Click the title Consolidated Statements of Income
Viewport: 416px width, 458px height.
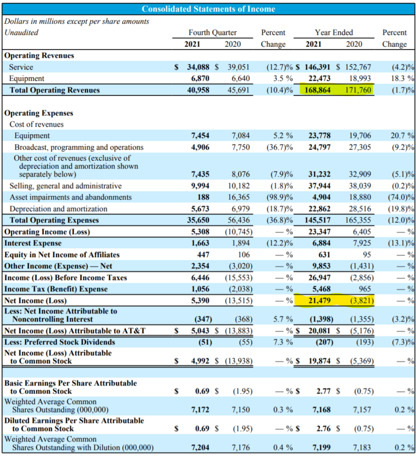point(208,9)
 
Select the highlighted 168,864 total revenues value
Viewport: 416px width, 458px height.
point(317,90)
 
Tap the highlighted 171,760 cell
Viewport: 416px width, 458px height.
point(358,90)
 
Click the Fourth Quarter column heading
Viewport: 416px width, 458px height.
point(212,33)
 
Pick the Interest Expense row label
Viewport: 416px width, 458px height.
point(33,243)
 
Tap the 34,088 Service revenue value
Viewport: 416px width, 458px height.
point(198,67)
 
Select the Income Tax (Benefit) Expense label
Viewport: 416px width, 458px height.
point(56,289)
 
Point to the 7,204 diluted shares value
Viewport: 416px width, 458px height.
point(200,448)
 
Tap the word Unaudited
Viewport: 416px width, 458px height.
point(21,33)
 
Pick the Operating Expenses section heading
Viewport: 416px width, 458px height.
point(39,113)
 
